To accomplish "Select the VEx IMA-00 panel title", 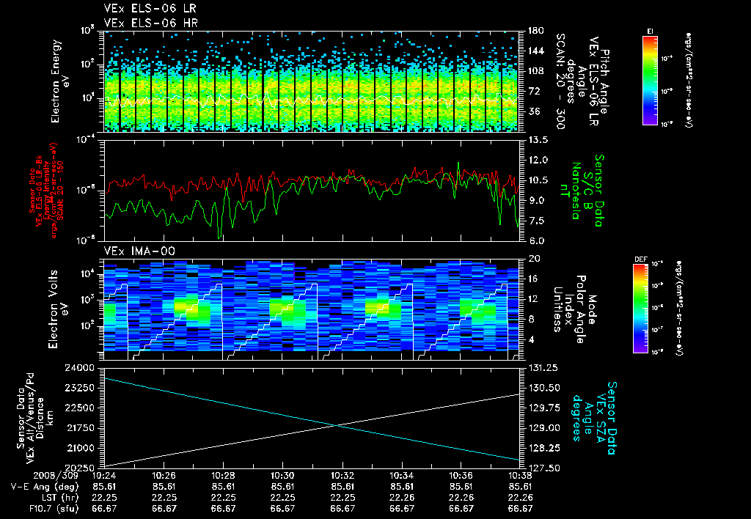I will pos(134,251).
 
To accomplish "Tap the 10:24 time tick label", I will pos(104,475).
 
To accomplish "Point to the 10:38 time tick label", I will pos(520,475).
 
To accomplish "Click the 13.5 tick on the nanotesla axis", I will pos(535,139).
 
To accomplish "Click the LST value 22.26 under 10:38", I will pos(520,497).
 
